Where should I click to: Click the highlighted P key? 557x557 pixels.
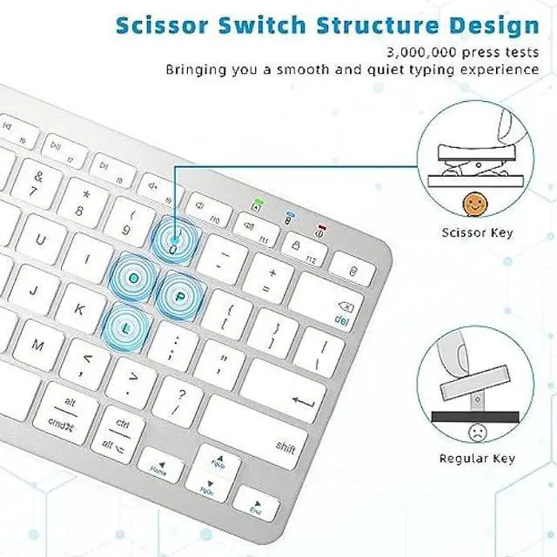pos(179,295)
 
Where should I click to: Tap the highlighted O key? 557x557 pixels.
pos(135,276)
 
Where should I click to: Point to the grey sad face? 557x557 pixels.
pos(476,432)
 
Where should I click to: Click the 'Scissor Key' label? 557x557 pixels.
pos(477,232)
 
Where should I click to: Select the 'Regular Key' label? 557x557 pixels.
pos(477,459)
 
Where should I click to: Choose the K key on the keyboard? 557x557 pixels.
pos(80,308)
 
